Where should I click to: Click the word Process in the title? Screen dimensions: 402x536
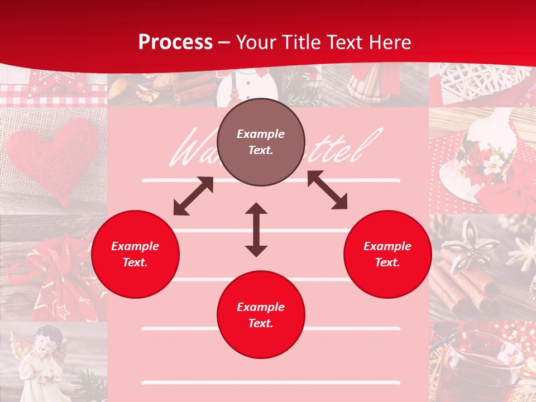[175, 42]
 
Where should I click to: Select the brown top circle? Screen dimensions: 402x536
[261, 142]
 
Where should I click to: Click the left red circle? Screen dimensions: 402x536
[135, 254]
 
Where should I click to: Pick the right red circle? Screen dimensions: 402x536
[387, 254]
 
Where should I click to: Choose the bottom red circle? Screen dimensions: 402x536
[261, 315]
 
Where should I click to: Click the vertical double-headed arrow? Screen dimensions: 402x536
[256, 229]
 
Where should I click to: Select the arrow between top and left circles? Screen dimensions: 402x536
[193, 196]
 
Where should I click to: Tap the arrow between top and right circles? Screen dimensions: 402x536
[327, 190]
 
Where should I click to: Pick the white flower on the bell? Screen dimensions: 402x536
[491, 165]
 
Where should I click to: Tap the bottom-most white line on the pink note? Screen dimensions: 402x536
[271, 383]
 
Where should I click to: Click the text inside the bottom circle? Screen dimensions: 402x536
[261, 315]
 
